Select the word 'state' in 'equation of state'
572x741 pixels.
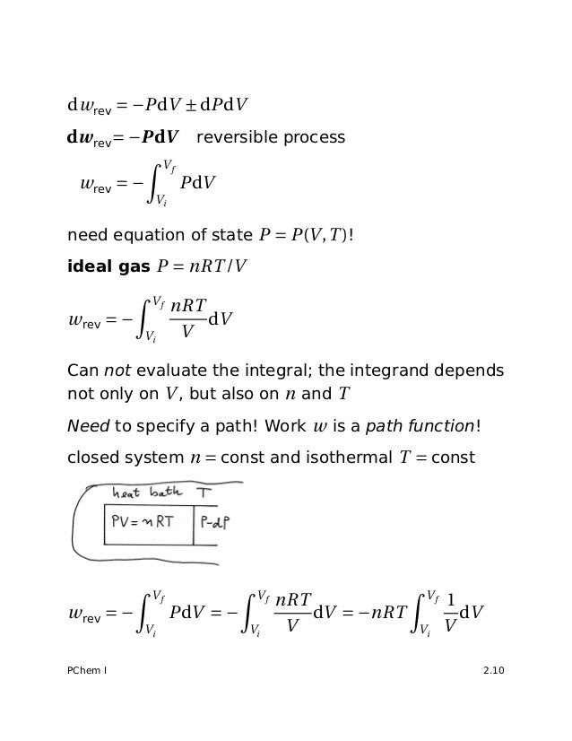click(234, 237)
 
